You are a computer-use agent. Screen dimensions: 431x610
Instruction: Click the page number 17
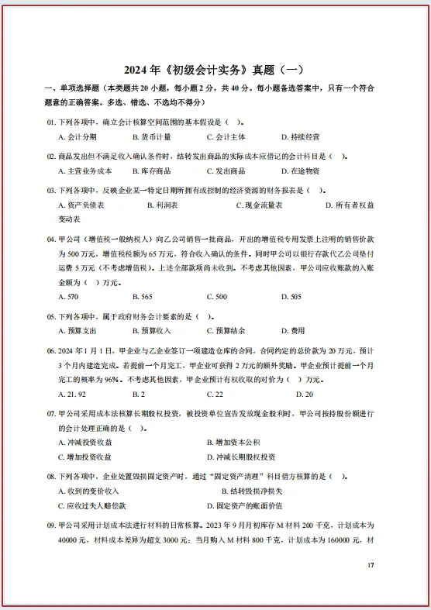(371, 565)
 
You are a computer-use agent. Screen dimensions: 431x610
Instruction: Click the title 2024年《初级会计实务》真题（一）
(215, 68)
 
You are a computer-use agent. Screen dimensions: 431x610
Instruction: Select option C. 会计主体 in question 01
(226, 136)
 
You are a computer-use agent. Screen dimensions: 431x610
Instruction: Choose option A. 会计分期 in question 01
(78, 136)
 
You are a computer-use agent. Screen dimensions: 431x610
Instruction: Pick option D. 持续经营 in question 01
(300, 136)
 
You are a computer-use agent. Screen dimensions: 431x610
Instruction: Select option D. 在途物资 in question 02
(300, 171)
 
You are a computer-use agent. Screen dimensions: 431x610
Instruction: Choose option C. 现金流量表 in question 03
(259, 205)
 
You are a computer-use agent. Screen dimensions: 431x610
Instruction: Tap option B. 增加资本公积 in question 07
(233, 442)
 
